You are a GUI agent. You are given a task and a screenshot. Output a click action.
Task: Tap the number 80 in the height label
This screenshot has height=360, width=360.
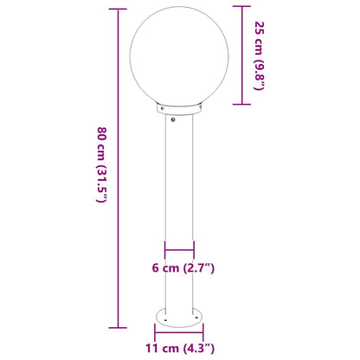[x=101, y=135]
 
